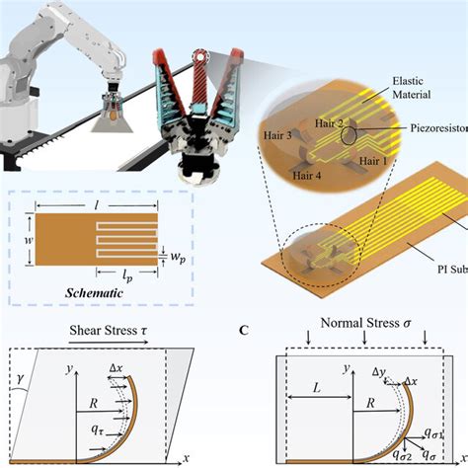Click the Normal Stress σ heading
tap(363, 322)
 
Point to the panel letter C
tap(244, 331)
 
